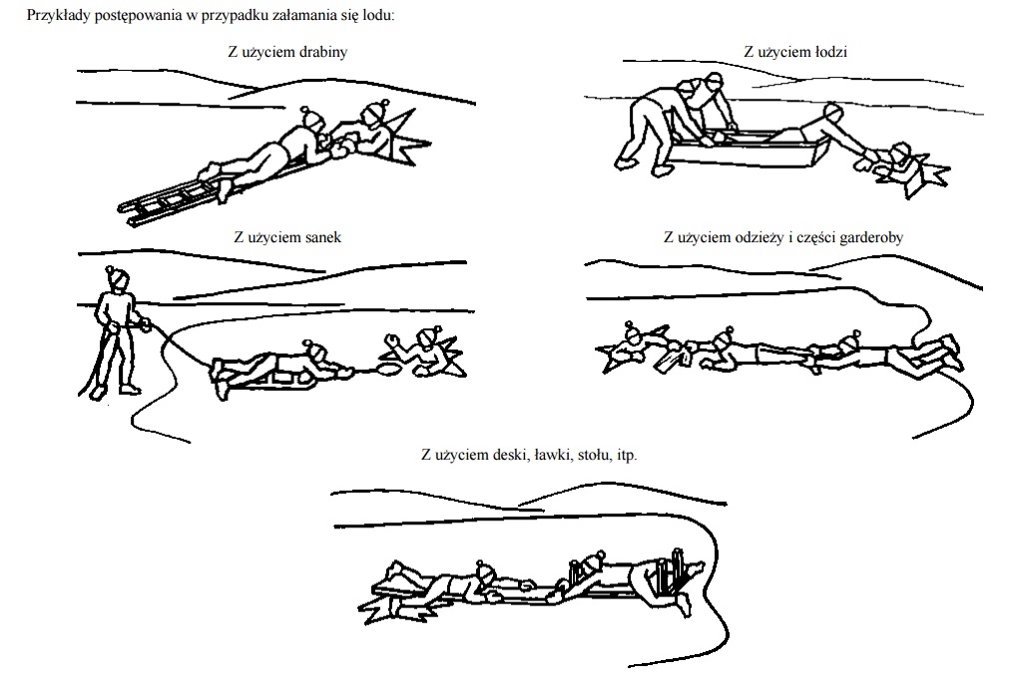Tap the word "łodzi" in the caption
coord(830,52)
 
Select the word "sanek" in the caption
coord(323,237)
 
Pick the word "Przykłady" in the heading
coord(59,16)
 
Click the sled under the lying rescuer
coord(264,380)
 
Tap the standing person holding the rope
coord(117,332)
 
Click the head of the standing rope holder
coord(118,277)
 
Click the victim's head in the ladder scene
coord(373,114)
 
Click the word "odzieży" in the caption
coord(760,237)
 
